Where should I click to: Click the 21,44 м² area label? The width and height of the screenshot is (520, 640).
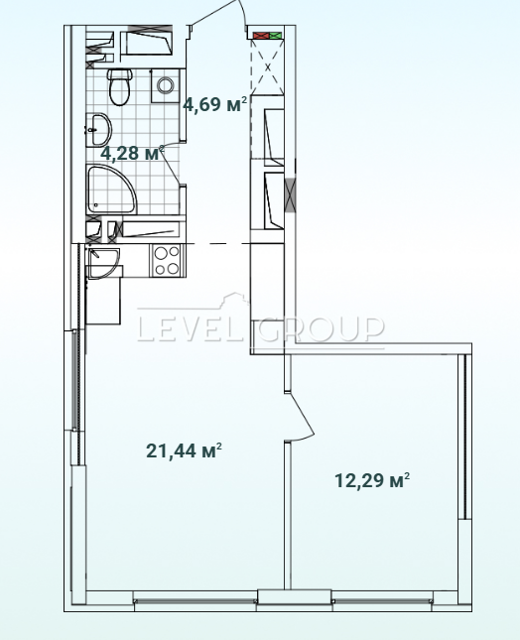point(184,450)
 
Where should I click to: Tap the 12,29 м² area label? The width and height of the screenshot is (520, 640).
point(372,480)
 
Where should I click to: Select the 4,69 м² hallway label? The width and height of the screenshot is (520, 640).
point(215,105)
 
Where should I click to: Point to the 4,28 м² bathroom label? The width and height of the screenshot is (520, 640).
point(132,153)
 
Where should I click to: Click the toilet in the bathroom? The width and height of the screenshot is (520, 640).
point(120,86)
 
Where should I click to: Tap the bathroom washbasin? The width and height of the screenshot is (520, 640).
point(99,129)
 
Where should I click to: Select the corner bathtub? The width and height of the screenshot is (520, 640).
point(111,189)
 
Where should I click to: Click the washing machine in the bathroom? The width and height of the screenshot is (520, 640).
point(166,85)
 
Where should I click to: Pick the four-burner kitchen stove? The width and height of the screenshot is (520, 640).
point(167,260)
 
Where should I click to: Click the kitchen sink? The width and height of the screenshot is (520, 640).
point(103,263)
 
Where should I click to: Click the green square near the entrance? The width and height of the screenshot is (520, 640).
point(276,36)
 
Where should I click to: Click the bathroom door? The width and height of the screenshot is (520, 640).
point(172,163)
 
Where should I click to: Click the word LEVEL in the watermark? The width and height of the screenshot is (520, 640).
point(193,330)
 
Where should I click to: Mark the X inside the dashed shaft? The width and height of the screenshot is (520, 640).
point(268,66)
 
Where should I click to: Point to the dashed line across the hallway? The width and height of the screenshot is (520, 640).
point(217,244)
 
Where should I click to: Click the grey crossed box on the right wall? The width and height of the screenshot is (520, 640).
point(290,195)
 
